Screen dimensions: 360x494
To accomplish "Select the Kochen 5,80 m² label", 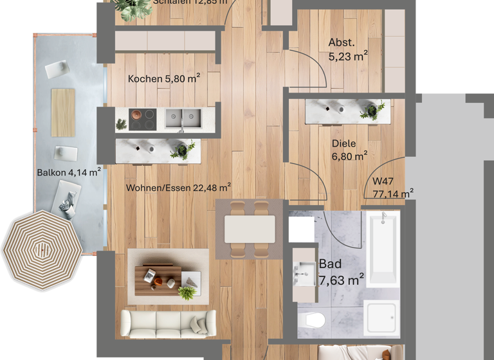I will (163, 79).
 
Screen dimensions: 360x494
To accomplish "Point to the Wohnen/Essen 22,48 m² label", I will (178, 188).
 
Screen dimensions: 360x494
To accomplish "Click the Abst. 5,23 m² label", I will (347, 50).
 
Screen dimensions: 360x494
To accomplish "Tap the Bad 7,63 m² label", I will (341, 271).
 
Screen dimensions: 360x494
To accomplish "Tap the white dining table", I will (250, 229).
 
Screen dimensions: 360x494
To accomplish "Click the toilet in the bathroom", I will (314, 319).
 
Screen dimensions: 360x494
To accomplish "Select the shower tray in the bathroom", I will (382, 319).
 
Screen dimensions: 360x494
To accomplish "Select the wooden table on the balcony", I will (63, 112).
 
